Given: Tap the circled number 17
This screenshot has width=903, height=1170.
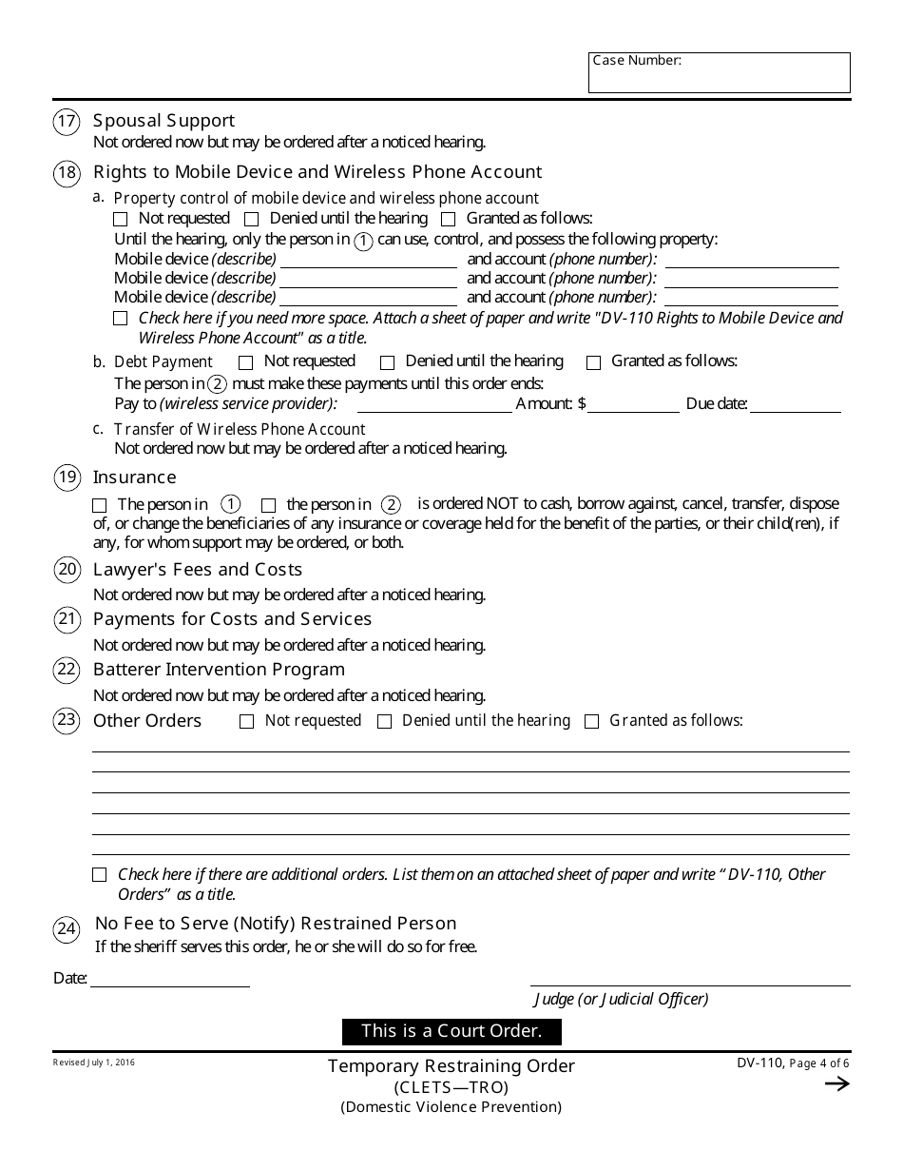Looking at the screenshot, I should click(67, 122).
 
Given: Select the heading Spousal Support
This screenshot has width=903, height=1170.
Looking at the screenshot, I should click(163, 121).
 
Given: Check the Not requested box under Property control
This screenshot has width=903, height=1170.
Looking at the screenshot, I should click(121, 220).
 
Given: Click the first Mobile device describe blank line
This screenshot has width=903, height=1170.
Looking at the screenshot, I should click(368, 260).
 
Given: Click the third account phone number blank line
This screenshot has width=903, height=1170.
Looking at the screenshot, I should click(751, 298).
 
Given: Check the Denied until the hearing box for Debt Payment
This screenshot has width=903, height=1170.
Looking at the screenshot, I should click(388, 362).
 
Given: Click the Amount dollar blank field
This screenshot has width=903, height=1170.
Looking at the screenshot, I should click(634, 404).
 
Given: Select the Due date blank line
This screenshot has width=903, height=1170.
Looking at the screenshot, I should click(796, 404).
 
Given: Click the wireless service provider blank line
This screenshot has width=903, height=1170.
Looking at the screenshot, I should click(432, 404).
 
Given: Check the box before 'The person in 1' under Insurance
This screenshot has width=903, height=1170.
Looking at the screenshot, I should click(101, 505).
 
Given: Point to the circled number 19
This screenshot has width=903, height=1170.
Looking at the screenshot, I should click(67, 478).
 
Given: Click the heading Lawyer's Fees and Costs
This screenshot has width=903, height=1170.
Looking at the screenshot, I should click(198, 570).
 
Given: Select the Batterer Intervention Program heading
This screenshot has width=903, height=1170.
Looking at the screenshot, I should click(219, 670).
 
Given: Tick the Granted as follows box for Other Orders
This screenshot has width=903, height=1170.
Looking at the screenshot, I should click(592, 722).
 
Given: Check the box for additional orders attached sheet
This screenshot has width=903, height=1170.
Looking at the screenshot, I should click(100, 875).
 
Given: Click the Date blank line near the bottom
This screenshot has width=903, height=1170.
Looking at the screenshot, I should click(169, 979).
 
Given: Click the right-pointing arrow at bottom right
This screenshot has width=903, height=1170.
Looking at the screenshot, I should click(836, 1084).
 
